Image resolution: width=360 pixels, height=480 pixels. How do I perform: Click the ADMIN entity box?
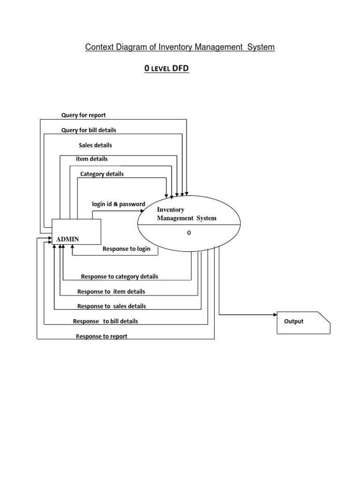coord(76,232)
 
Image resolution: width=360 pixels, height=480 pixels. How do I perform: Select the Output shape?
coord(303,322)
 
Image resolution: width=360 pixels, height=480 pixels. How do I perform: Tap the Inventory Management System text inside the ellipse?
coord(187,214)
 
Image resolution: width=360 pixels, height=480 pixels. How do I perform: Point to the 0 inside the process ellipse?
coord(189,233)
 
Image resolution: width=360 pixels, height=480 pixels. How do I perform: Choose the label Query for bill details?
coord(89,130)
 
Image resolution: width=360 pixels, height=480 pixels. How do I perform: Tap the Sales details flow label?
coord(95,145)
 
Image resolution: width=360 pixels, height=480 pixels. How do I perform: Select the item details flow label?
coord(92,159)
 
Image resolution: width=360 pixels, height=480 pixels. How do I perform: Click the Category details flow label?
coord(102,174)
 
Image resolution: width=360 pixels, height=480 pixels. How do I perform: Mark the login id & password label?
coord(118,204)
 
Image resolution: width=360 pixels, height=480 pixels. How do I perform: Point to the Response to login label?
coord(127,249)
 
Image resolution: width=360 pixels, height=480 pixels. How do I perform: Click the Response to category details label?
coord(120,277)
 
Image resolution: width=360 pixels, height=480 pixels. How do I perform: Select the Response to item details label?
coord(111,292)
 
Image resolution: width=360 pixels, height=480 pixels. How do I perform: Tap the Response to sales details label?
coord(112,306)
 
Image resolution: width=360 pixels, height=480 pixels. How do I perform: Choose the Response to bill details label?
coord(105,322)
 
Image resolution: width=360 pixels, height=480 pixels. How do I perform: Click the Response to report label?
coord(101,337)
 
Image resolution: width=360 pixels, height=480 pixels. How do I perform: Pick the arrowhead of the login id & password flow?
coord(142,211)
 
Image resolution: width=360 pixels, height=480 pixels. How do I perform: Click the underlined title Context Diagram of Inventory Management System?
coord(180,47)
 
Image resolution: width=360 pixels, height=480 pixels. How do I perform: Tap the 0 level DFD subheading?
coord(166,69)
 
